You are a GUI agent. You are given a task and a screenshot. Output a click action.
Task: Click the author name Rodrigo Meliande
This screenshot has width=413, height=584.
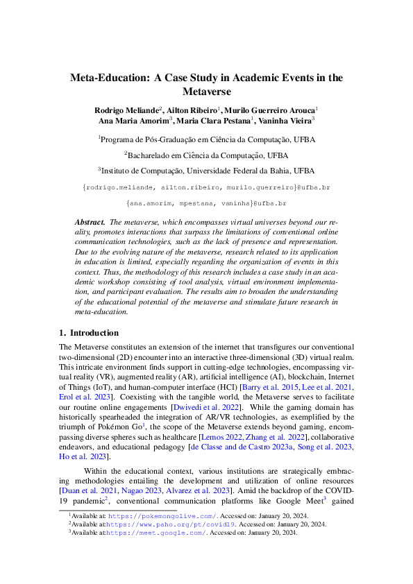pos(127,110)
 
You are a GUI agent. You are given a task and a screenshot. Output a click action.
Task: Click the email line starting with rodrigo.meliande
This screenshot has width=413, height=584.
pos(206,188)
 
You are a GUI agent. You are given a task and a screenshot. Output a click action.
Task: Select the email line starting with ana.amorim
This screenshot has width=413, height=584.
pos(206,204)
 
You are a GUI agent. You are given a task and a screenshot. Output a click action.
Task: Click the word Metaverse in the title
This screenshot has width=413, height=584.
pos(206,92)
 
